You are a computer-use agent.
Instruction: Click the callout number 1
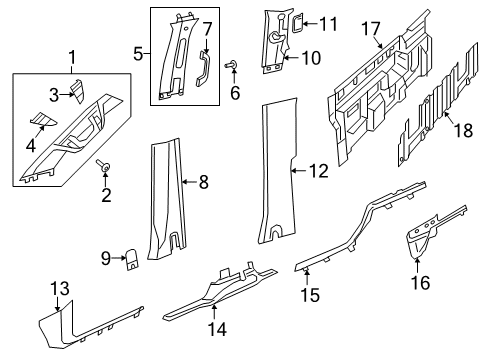tap(71, 58)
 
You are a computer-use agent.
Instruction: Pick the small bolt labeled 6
tap(232, 67)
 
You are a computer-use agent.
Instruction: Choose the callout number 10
tap(310, 57)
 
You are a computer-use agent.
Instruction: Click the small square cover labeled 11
tap(297, 20)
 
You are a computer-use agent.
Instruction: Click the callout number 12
tap(318, 172)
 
